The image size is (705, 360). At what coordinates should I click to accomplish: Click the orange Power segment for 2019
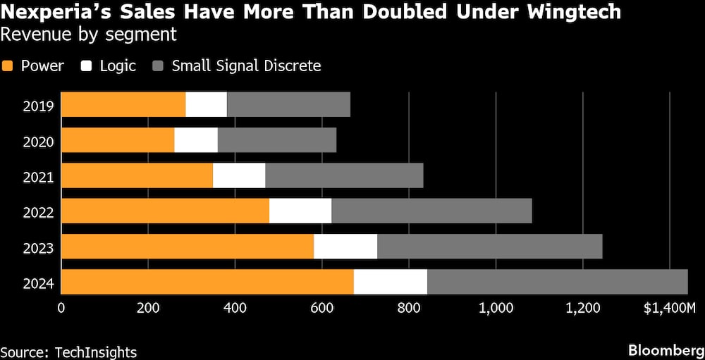coord(123,104)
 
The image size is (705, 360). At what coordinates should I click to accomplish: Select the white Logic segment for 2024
coord(391,281)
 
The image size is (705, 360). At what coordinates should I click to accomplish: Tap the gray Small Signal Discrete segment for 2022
coord(431,211)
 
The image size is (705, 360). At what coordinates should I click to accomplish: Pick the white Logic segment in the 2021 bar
coord(239,175)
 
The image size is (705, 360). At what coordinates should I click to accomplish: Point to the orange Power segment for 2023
coord(188,246)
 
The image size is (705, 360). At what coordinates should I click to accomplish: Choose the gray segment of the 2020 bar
coord(277,140)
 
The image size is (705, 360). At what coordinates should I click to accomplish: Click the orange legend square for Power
coord(8,66)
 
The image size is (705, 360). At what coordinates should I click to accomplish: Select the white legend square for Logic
coord(88,66)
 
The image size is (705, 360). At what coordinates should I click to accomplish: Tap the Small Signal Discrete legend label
coord(246,66)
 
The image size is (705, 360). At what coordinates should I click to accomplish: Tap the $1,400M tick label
coord(669,307)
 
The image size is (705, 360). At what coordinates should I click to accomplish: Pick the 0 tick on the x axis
coord(61,307)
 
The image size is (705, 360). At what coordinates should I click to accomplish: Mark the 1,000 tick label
coord(496,307)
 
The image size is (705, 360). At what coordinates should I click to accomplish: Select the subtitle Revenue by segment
coord(88,33)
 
